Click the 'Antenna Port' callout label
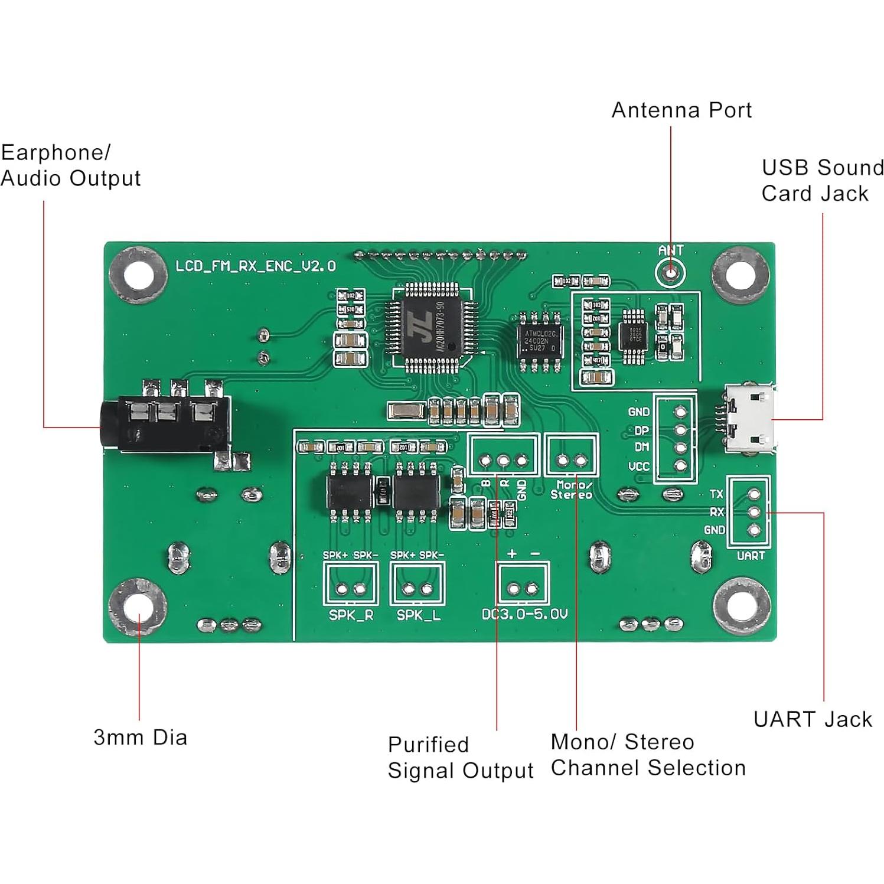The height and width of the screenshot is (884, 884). point(681,110)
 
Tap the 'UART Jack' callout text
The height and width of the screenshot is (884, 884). point(813,719)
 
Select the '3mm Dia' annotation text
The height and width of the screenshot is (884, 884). point(141,738)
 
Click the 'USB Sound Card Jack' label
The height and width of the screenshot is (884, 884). point(822,180)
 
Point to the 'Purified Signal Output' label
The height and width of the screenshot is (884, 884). point(460,758)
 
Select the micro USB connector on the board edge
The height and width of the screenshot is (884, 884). point(749,419)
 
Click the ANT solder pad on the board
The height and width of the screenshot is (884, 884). point(670,272)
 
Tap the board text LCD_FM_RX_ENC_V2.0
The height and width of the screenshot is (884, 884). point(256,266)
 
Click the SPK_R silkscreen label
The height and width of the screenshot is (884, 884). point(351,615)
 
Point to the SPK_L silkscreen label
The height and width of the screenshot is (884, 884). point(418,615)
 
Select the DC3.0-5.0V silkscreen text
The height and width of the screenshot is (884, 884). point(524,614)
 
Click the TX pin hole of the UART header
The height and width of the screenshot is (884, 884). point(753,494)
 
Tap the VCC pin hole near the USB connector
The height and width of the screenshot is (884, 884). point(680,466)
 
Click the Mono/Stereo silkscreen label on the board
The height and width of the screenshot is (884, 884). point(571,490)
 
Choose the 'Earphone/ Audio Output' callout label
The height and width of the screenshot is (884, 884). point(70,165)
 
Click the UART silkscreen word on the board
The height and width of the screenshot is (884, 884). point(751,556)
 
